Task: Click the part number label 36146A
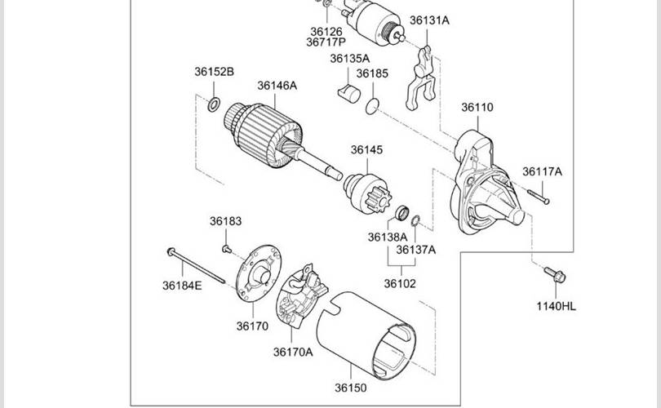277,86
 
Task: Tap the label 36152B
214,72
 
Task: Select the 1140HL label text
556,307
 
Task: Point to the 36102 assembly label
400,284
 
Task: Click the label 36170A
293,352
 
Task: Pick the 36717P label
326,42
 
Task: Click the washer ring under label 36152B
214,104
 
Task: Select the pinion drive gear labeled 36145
367,194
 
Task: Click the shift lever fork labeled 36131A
421,79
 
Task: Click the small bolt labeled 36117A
539,197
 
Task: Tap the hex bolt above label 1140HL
555,274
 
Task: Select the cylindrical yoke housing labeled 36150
366,335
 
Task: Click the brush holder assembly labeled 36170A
302,295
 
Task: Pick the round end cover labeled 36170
259,273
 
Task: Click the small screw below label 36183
226,249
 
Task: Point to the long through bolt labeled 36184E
196,266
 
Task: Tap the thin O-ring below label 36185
372,106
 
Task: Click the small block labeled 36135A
349,94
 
